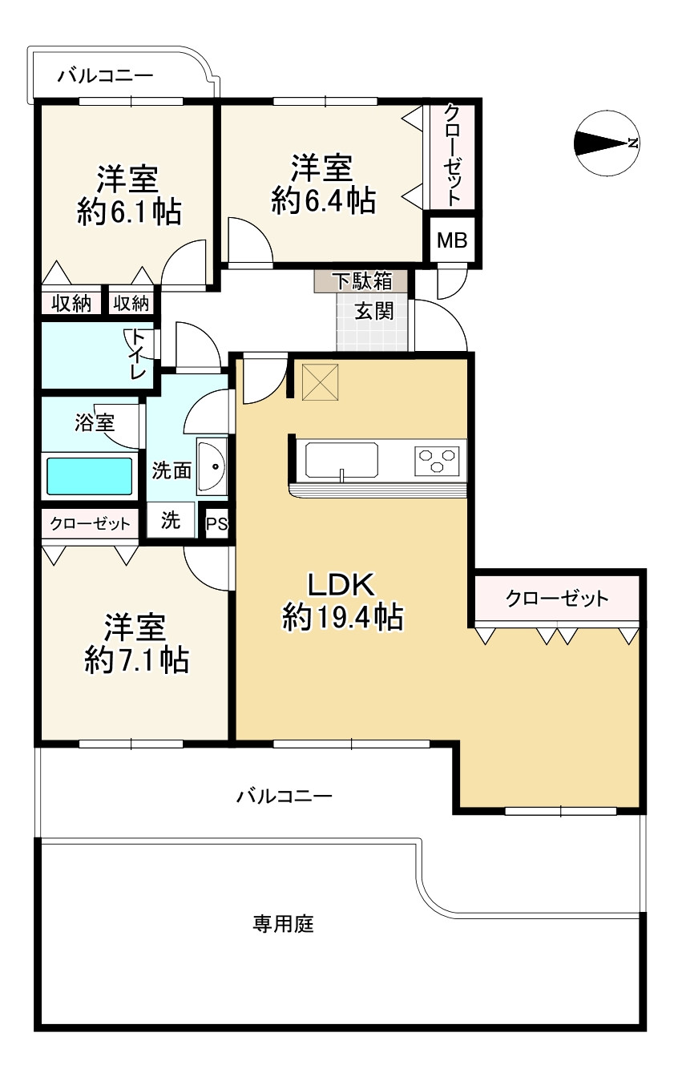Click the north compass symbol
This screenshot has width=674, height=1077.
[606, 144]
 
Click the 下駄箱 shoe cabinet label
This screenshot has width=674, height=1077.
[362, 281]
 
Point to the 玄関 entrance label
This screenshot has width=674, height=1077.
[373, 311]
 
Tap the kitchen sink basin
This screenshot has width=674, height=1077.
[341, 460]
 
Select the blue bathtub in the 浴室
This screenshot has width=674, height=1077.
[88, 476]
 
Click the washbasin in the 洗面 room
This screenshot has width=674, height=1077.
[213, 466]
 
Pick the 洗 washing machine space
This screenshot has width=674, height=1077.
[170, 521]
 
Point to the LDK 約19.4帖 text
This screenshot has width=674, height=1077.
[342, 602]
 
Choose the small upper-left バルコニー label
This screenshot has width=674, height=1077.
[105, 77]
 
